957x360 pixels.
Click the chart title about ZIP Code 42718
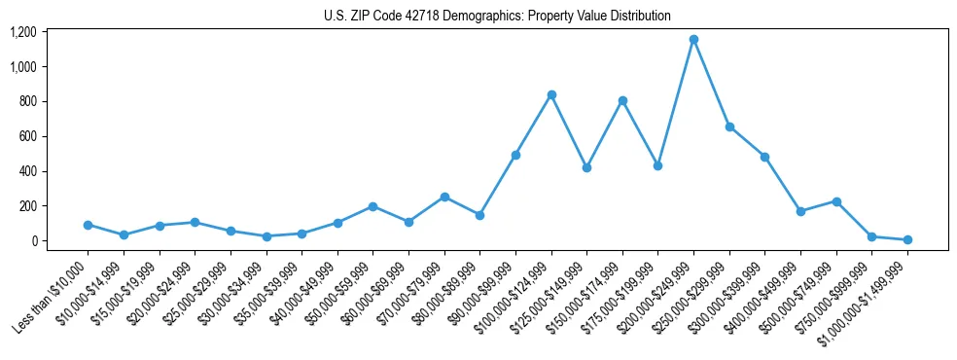coord(497,16)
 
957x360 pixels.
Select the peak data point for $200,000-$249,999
coord(693,40)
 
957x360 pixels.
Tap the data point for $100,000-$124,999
coord(551,94)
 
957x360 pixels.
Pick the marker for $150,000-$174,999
coord(622,100)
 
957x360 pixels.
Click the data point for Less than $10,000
coord(88,225)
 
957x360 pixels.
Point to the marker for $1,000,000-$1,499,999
coord(907,239)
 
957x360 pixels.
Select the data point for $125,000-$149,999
coord(586,167)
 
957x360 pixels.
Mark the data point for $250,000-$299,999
coord(729,126)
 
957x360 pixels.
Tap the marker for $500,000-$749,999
coord(836,201)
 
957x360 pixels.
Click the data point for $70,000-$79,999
coord(444,197)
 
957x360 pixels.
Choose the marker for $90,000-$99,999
coord(515,155)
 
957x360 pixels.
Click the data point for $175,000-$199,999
coord(657,165)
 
